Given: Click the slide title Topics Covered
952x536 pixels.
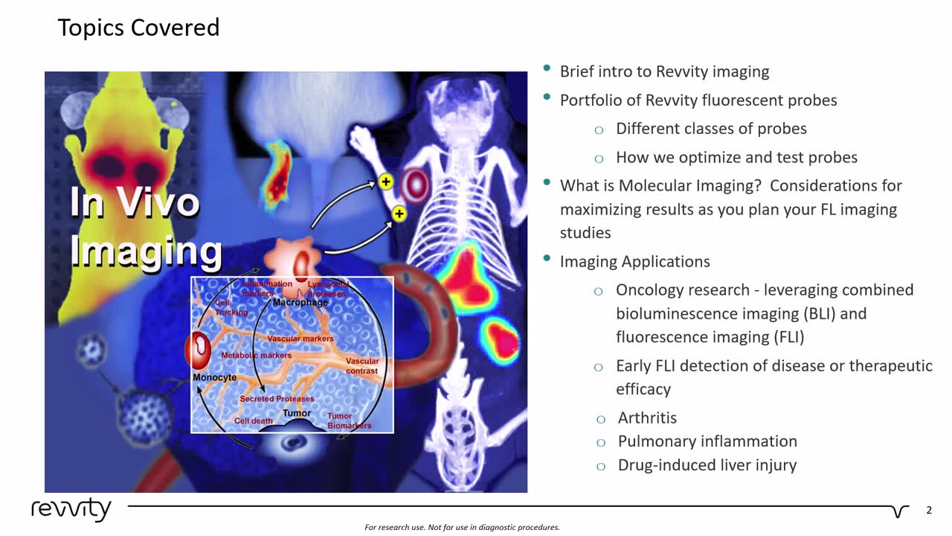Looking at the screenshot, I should point(138,28).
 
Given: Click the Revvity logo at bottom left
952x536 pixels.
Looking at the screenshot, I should point(71,510).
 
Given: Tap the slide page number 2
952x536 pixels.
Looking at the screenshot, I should point(928,511).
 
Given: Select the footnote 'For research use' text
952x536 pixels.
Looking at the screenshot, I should point(462,527).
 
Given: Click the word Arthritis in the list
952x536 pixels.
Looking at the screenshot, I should point(647,418).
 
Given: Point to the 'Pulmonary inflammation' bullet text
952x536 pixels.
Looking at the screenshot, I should point(707,441).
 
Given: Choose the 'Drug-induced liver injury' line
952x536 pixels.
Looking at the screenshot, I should point(707,465).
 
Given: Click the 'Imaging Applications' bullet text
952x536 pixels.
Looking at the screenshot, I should point(634,261).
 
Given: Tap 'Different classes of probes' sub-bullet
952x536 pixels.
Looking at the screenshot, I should point(711,129).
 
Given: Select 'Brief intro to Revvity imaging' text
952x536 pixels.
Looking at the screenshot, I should point(664,71).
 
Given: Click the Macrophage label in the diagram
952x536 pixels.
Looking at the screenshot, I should point(300,303).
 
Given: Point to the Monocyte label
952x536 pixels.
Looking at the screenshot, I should point(214,377).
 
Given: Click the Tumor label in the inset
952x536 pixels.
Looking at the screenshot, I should point(297,413).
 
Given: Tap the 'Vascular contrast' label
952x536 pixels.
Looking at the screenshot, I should point(362,366).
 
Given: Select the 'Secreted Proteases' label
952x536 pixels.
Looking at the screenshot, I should point(277,399).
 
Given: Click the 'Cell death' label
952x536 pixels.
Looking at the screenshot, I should point(254,421).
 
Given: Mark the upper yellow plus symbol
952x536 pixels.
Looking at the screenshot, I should point(385,182).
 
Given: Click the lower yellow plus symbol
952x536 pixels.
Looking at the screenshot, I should point(399,214).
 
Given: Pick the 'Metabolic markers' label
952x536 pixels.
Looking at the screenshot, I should point(256,356).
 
